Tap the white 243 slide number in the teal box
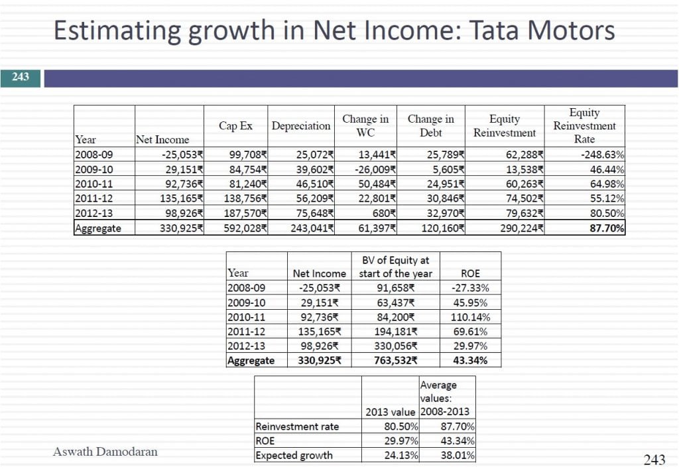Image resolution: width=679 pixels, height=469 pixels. point(21,77)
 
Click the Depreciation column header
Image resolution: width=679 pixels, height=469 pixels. point(301,125)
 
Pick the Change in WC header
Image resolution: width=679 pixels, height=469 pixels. point(365,125)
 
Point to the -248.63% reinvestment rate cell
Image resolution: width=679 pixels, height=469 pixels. point(596,155)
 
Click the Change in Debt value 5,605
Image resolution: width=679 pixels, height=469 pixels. point(446,169)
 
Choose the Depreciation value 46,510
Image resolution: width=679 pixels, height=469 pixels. point(311,184)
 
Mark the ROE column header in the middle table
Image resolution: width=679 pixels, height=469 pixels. point(470,273)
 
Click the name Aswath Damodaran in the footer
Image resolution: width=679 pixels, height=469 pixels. point(105,452)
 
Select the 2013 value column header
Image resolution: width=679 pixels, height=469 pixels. point(391,412)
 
